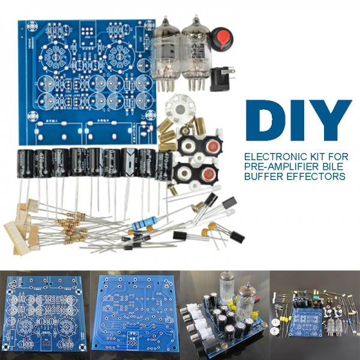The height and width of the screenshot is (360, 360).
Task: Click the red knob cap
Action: (x=223, y=38)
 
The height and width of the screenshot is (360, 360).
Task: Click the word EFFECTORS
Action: (x=318, y=177)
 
